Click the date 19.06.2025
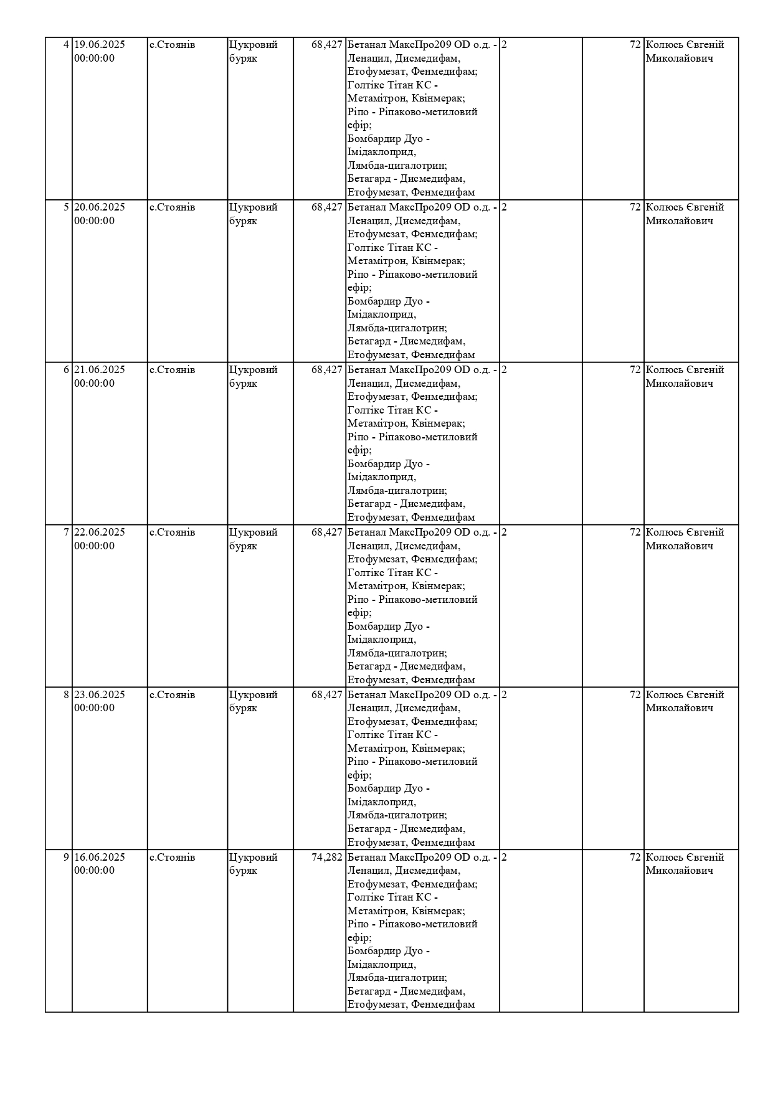tap(100, 45)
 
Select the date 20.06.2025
tap(100, 207)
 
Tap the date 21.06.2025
tap(100, 370)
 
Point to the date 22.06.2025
tap(100, 532)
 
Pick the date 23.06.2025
tap(100, 695)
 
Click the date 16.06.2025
tap(100, 858)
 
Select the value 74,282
tap(327, 858)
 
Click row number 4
tap(67, 45)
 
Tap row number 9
tap(67, 858)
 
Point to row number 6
tap(67, 370)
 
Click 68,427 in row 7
tap(327, 532)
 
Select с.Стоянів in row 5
tap(173, 207)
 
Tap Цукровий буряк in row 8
tap(253, 701)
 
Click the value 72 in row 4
tap(635, 45)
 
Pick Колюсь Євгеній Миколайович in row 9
tap(685, 864)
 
